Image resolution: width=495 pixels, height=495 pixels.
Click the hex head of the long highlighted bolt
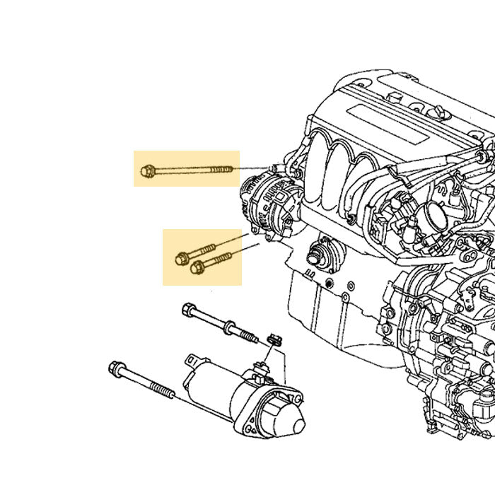click(x=148, y=170)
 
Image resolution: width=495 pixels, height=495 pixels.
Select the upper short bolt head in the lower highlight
click(x=182, y=259)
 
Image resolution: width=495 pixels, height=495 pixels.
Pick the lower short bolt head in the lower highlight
click(x=197, y=267)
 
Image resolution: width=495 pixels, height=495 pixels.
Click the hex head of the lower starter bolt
click(x=117, y=368)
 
